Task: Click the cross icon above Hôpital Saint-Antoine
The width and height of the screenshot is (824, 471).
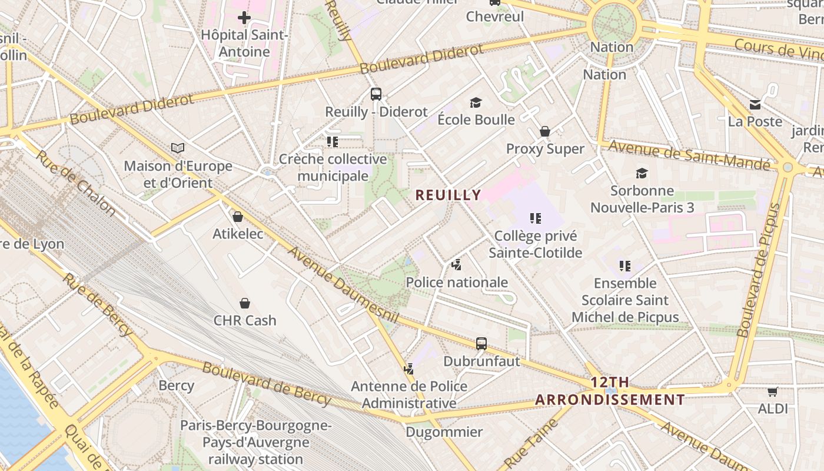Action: pos(244,18)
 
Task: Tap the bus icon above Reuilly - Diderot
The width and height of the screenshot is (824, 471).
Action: pos(376,94)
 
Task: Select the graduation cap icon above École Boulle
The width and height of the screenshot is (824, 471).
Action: pos(476,103)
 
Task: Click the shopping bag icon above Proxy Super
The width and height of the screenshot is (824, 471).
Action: pos(545,131)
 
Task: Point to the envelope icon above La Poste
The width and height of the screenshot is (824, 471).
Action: pos(755,105)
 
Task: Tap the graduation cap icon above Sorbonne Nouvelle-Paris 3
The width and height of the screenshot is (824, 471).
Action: pos(642,173)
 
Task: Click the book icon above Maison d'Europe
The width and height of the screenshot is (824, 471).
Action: pos(178,148)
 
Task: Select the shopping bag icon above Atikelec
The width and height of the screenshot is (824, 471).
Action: pos(238,217)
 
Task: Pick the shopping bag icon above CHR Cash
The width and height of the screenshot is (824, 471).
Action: pos(245,303)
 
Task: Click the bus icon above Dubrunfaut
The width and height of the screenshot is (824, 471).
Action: pos(481,343)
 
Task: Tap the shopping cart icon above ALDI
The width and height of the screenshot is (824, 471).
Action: pos(773,392)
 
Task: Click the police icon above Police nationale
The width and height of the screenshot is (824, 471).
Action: pos(457,265)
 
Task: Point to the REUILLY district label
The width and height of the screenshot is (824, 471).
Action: pos(448,195)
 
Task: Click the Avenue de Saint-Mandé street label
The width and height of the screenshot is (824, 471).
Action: pos(689,155)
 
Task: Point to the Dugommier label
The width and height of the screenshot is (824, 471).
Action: pos(444,432)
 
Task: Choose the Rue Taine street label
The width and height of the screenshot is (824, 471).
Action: pos(531,442)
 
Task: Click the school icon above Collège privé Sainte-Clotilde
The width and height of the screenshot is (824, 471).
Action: pos(535,218)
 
